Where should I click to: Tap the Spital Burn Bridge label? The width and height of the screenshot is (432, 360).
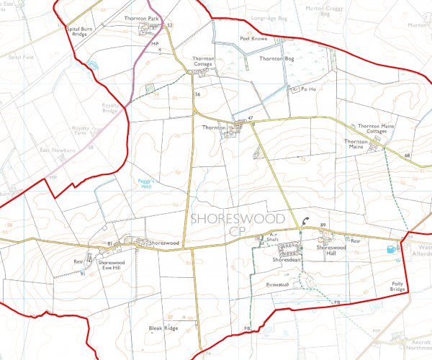click(x=77, y=31)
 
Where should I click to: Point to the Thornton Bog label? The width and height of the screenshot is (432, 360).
click(x=277, y=58)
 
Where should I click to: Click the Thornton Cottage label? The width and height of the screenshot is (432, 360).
click(x=205, y=62)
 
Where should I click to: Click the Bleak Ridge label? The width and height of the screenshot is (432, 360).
click(x=163, y=328)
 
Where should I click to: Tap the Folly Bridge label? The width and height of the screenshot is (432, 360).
click(x=398, y=287)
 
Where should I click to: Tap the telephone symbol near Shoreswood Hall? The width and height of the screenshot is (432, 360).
click(x=307, y=222)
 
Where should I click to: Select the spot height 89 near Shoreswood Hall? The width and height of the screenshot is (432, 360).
click(x=323, y=226)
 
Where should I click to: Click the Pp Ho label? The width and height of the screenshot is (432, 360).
click(x=308, y=89)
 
